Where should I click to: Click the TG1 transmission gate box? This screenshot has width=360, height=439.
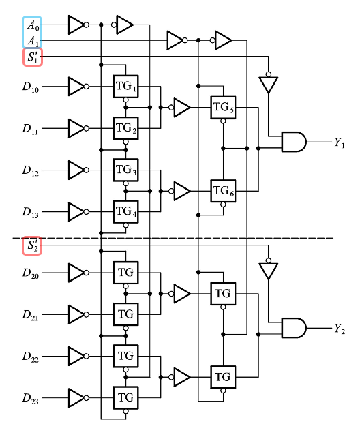[125, 86]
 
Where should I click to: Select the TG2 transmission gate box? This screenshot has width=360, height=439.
[125, 127]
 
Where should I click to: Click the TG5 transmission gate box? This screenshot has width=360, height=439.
[222, 107]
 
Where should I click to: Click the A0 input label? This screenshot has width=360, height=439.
[32, 25]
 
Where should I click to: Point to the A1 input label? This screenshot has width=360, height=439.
[32, 41]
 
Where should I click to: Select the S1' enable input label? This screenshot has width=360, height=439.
[32, 57]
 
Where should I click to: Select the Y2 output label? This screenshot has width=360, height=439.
[340, 329]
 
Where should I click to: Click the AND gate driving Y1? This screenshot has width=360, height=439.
[293, 142]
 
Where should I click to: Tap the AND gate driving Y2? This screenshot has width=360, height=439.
[293, 328]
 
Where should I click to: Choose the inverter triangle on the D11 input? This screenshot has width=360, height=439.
[76, 127]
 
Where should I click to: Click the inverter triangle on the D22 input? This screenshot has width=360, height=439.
[76, 355]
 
